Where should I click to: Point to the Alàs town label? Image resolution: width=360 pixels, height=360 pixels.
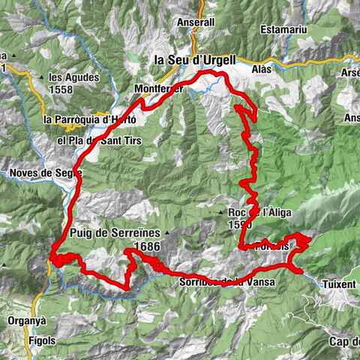262,68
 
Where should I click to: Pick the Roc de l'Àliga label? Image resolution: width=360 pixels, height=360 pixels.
255,211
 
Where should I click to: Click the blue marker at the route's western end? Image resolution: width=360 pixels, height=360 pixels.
51,261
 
